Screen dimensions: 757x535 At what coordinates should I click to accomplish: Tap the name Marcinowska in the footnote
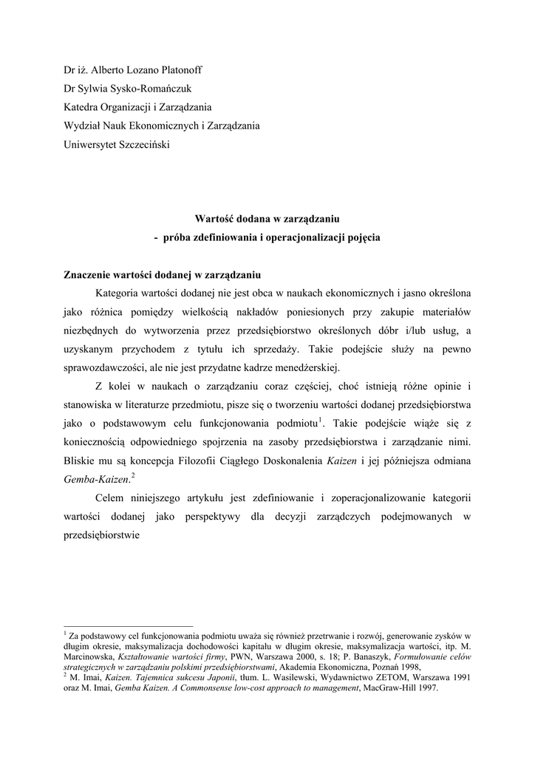click(89, 656)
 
